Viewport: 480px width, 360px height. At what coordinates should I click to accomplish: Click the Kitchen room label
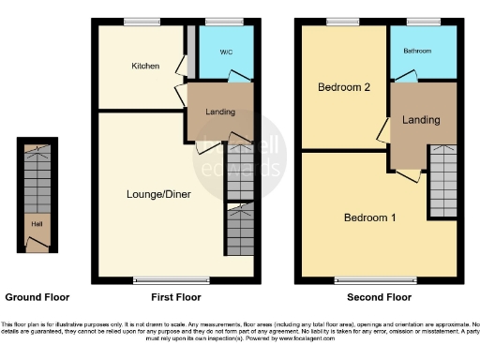[145, 67]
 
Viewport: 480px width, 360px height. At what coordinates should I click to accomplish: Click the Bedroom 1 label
[369, 217]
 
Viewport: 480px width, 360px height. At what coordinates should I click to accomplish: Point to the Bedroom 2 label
[344, 87]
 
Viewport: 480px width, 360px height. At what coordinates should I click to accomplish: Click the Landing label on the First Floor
[220, 112]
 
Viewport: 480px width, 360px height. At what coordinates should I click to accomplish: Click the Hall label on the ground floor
[36, 225]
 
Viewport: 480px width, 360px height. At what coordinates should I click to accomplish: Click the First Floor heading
[173, 297]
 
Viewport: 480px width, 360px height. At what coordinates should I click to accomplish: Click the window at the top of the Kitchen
[143, 22]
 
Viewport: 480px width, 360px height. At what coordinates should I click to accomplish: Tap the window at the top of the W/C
[220, 22]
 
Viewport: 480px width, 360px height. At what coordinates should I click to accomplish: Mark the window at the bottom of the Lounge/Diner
[159, 279]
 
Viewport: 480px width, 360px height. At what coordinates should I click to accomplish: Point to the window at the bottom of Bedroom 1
[376, 279]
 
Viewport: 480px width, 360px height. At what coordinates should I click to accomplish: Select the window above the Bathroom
[423, 22]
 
